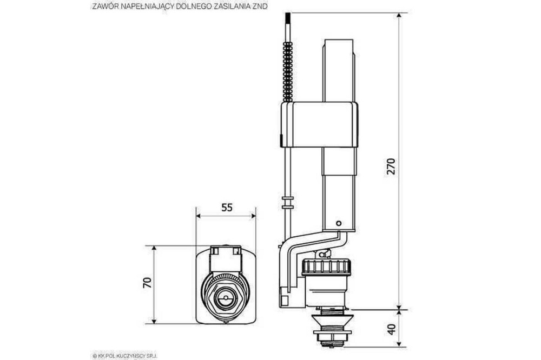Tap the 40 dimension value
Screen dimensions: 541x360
tap(391, 329)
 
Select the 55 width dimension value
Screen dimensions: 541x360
tap(227, 208)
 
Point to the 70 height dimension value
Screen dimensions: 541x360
tap(147, 283)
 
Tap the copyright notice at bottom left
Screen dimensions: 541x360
tap(125, 356)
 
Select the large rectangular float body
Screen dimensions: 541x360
tap(319, 125)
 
